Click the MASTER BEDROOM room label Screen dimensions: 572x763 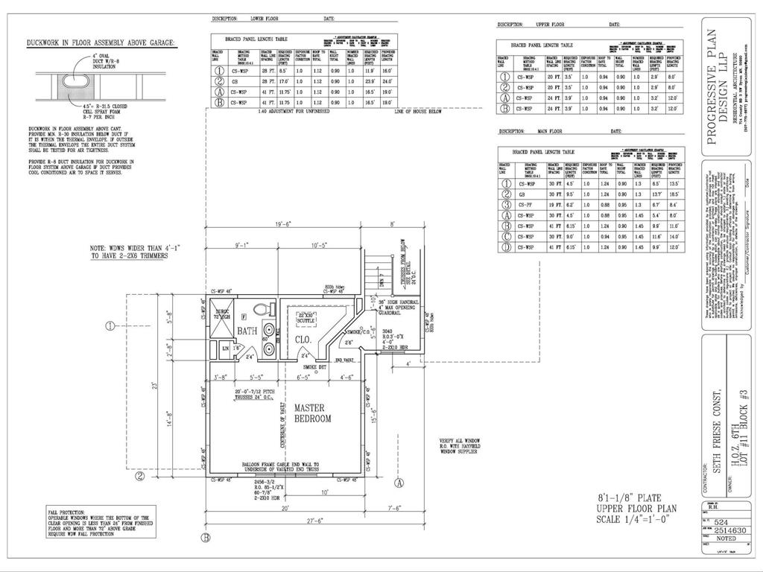coord(312,413)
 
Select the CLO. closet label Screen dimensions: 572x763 coord(303,340)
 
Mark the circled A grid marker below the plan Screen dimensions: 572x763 coord(399,483)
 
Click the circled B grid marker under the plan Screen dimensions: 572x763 coord(206,537)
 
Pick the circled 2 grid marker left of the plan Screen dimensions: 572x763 coord(139,476)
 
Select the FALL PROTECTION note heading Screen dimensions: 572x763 coord(66,512)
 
